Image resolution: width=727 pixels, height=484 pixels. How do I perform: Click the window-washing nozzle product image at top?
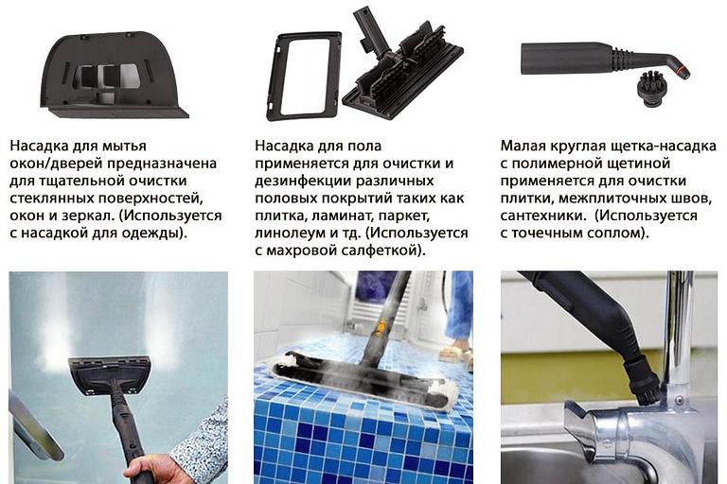114,76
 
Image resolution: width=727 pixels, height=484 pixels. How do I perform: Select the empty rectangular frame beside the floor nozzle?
304,76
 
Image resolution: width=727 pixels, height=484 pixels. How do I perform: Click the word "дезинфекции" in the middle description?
299,181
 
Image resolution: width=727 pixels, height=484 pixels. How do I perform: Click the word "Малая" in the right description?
523,147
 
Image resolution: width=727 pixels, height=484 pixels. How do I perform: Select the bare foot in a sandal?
457,353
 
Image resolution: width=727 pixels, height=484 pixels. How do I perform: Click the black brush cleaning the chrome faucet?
643,378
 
